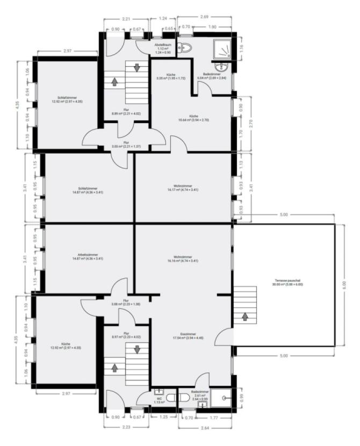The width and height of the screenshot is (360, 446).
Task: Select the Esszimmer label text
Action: tap(184, 336)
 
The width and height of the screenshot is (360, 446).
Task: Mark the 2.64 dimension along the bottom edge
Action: tap(205, 428)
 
